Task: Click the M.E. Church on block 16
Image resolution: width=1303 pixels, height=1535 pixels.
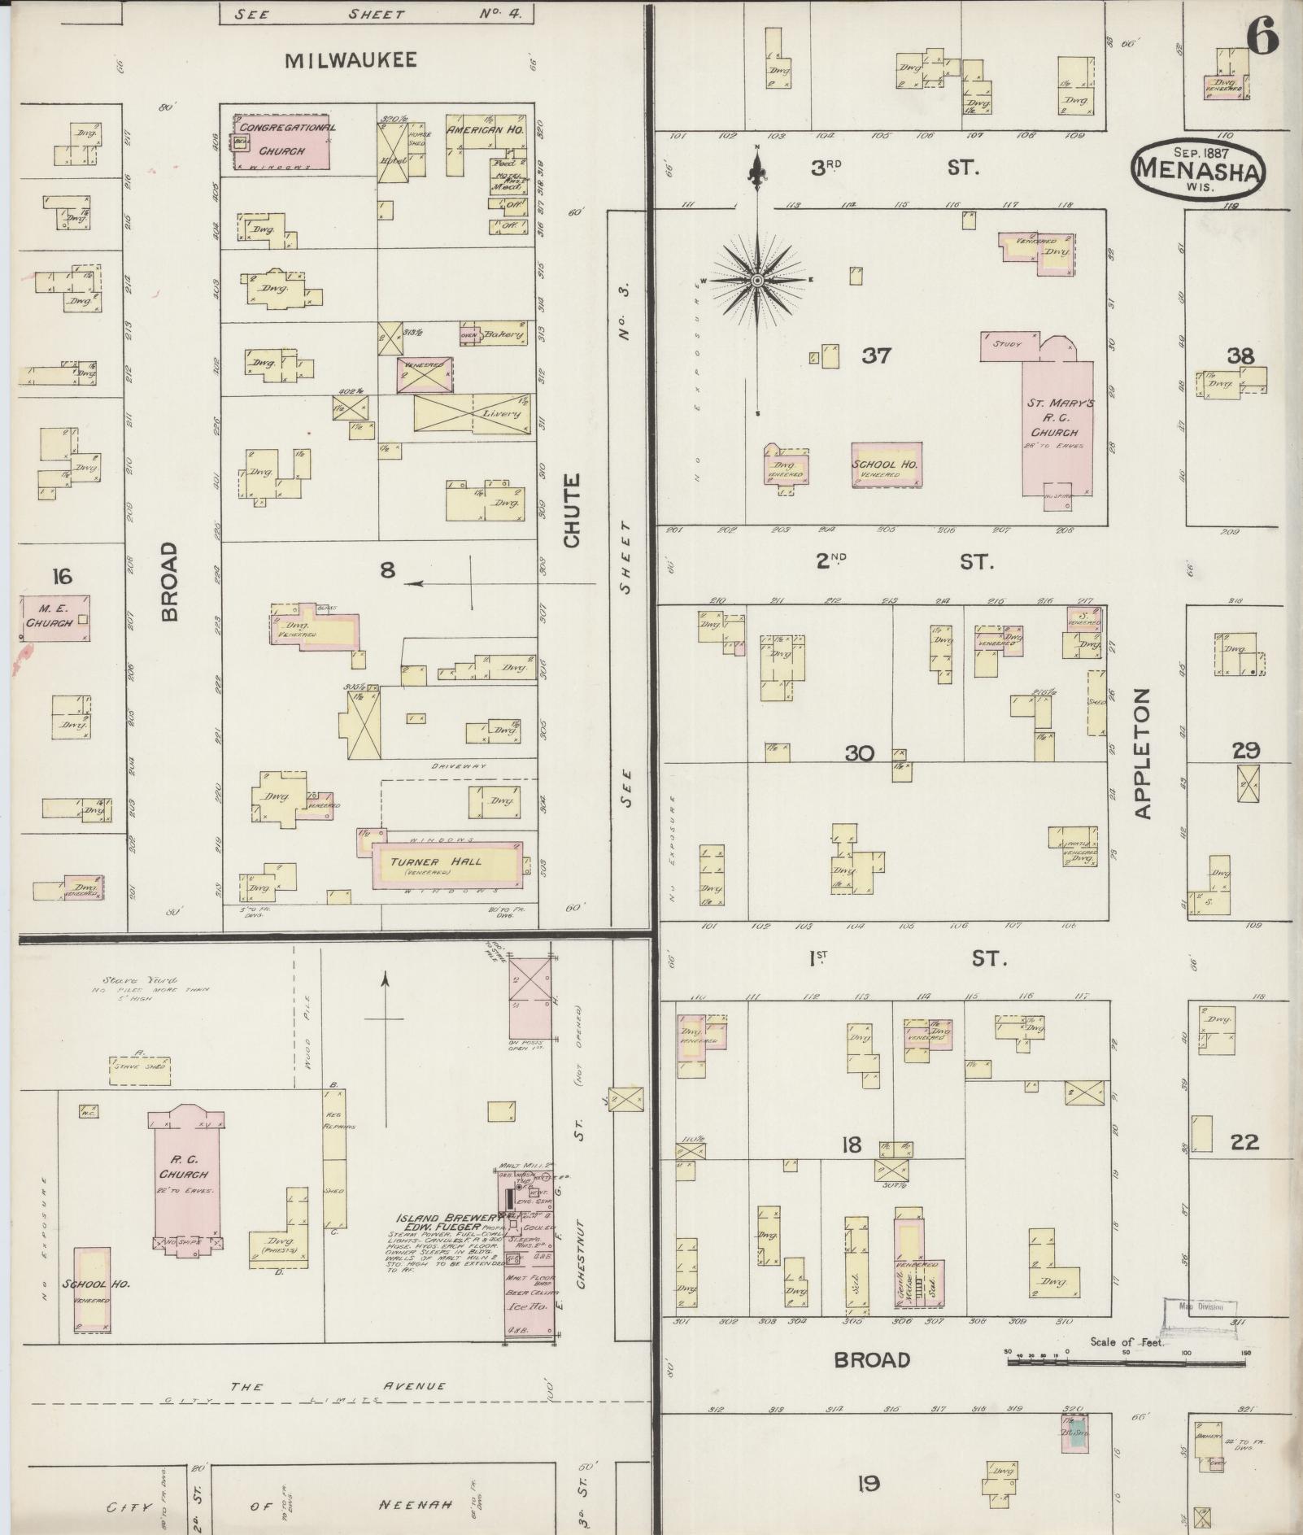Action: click(x=54, y=618)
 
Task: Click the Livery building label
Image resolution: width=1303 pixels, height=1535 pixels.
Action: click(x=500, y=414)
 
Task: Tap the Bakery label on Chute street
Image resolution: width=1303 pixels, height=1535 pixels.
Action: click(x=502, y=334)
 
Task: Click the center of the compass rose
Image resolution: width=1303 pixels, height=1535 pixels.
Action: click(x=756, y=281)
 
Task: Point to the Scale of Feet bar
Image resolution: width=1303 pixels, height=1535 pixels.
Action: click(x=1127, y=1359)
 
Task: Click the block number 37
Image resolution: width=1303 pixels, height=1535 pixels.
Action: click(x=876, y=355)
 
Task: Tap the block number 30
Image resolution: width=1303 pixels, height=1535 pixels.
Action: click(x=859, y=753)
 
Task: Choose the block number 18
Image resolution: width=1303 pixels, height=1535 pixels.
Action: click(x=851, y=1145)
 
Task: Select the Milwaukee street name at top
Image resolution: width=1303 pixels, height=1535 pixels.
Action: click(x=351, y=59)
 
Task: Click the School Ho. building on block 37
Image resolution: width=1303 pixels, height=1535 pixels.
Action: click(x=887, y=464)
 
